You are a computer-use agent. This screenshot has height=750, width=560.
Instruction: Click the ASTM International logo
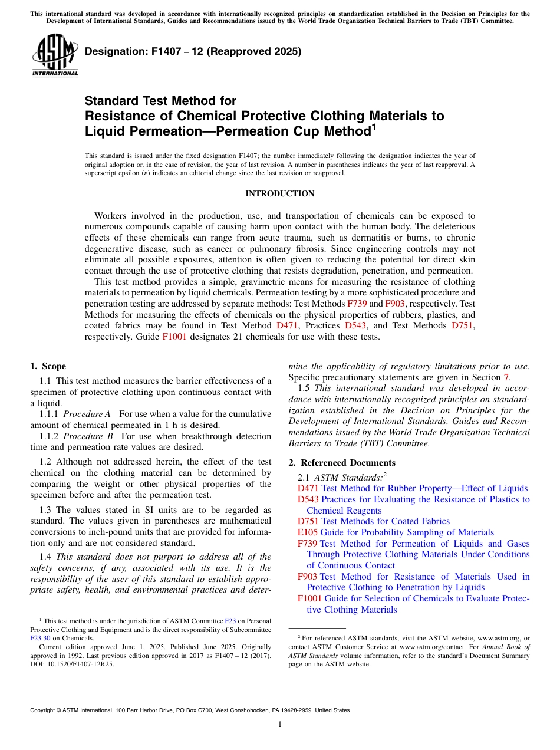(55, 57)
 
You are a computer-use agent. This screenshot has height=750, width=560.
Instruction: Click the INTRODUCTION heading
(279, 193)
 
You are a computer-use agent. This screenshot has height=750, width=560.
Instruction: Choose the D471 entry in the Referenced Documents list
(308, 488)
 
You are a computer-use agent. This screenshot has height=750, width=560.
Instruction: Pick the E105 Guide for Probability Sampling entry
(307, 532)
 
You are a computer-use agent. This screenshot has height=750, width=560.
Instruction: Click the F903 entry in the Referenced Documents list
(307, 577)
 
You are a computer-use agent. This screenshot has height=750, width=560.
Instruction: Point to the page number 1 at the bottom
(280, 724)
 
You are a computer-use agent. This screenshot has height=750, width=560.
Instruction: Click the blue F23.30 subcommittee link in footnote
(40, 638)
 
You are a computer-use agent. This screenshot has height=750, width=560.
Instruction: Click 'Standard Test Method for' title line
(160, 101)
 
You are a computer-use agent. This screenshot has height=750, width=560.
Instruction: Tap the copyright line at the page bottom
(189, 710)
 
